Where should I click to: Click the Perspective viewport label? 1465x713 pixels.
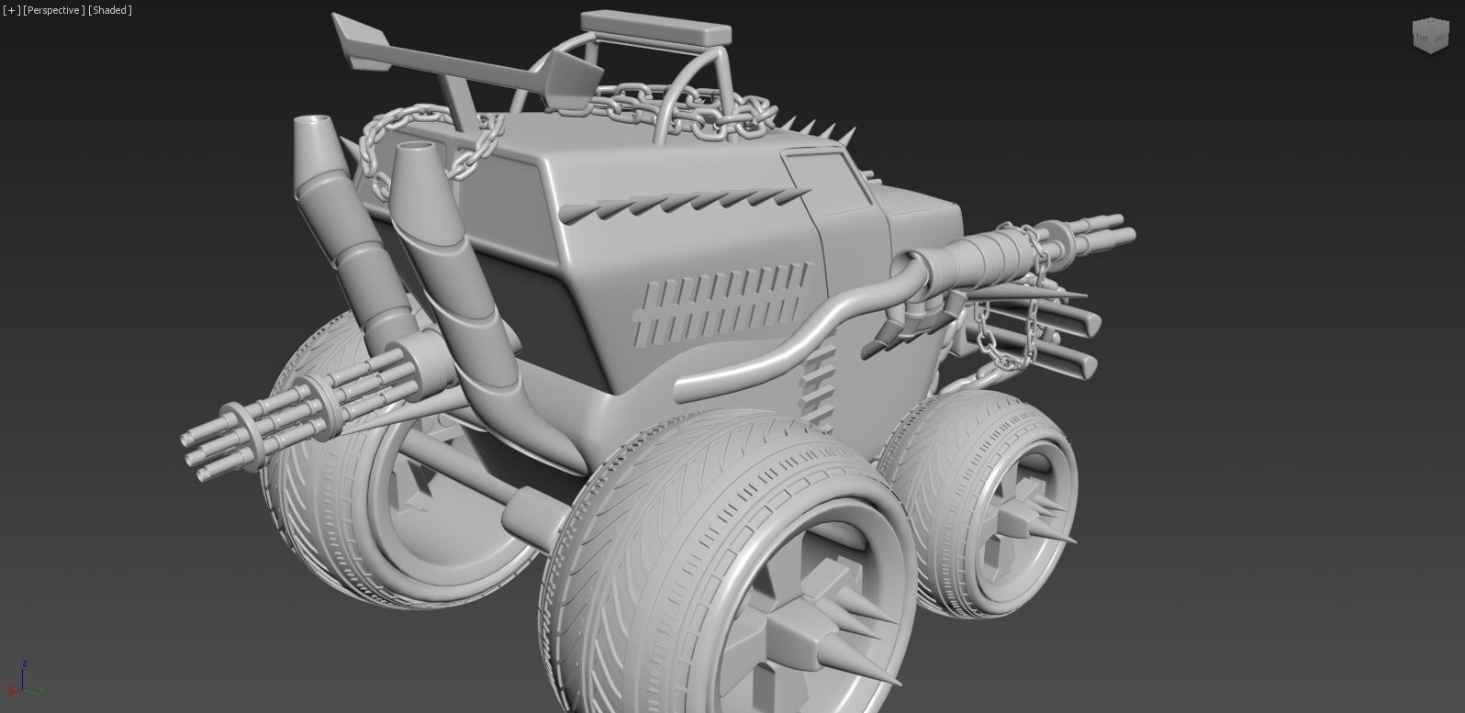coord(54,10)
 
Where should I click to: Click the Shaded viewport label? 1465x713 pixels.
coord(110,10)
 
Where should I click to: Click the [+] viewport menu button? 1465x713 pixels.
coord(11,10)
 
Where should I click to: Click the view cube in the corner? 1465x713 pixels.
coord(1428,36)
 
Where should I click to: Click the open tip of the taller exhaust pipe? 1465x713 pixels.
coord(314,121)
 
